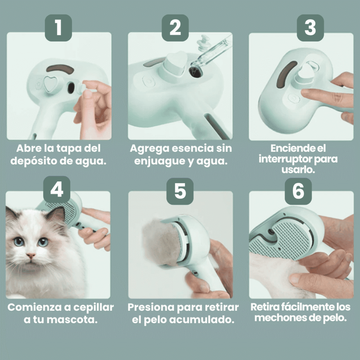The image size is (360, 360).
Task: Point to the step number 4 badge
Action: click(57, 190)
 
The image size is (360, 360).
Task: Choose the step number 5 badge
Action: click(180, 191)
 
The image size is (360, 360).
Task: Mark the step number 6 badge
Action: click(298, 191)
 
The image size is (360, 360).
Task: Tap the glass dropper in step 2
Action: click(211, 53)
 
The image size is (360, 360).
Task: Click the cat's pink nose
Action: click(31, 256)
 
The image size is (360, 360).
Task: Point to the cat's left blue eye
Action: click(19, 242)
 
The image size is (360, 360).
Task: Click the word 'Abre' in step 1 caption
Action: click(28, 149)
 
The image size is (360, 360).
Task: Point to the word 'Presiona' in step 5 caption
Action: click(150, 307)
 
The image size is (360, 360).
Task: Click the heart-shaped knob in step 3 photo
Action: click(304, 72)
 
